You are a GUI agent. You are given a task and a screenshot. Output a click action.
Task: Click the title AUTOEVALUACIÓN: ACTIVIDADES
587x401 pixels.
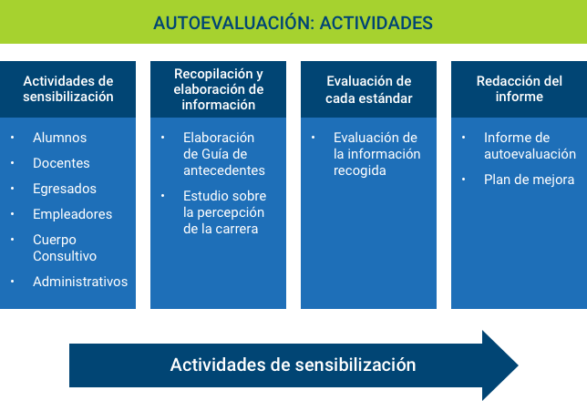pos(293,23)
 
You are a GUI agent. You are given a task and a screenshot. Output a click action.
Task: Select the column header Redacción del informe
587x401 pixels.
pos(520,88)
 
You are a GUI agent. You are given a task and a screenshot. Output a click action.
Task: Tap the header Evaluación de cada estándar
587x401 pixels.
pos(369,89)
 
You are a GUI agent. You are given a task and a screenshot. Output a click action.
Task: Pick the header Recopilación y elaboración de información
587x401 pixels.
pos(219,89)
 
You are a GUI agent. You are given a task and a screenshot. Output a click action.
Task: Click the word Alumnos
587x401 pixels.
pos(60,138)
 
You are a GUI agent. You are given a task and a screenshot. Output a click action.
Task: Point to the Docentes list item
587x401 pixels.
pos(61,163)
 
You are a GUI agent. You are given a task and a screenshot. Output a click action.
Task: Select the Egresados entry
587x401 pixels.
pos(65,189)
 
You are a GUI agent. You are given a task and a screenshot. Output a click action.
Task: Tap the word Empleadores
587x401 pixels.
pos(73,214)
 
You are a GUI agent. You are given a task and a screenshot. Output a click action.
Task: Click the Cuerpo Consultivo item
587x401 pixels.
pos(65,248)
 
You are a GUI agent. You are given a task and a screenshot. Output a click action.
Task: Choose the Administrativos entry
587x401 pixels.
pos(80,282)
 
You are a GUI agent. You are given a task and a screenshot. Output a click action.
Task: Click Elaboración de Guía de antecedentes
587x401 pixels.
pos(224,154)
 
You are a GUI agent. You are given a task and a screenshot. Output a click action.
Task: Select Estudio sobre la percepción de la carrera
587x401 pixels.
pos(224,212)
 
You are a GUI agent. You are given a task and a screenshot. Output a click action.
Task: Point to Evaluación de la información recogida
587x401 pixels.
pos(377,154)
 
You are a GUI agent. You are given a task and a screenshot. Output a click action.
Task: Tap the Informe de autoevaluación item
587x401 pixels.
pos(530,146)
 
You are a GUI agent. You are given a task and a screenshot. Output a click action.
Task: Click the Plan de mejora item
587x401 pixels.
pos(529,180)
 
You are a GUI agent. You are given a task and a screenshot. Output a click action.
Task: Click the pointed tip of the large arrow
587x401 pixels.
pos(518,365)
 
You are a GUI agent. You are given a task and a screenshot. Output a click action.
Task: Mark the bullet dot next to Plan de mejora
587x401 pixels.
pos(463,180)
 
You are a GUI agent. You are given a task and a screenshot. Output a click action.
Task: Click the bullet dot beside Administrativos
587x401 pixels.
pos(13,282)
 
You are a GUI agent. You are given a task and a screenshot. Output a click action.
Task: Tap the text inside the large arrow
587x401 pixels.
pos(293,365)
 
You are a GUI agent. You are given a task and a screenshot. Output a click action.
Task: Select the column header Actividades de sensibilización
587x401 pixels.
pos(68,88)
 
